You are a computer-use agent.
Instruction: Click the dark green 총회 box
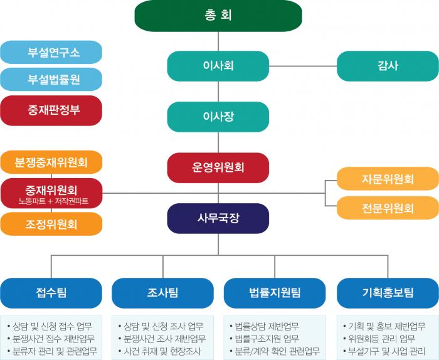(218, 16)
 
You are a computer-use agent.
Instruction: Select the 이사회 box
(218, 66)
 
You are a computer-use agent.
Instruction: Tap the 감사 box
(388, 66)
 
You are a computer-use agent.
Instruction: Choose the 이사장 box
(218, 117)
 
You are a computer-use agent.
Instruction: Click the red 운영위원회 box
(218, 167)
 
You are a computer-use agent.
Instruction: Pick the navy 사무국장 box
(218, 218)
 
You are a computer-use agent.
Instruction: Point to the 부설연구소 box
(51, 52)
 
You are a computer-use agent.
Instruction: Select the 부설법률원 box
(51, 79)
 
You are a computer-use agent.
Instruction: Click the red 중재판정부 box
(51, 110)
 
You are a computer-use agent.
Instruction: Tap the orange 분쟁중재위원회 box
(51, 162)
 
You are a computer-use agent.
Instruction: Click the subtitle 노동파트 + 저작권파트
(53, 201)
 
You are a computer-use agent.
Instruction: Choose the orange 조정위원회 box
(51, 224)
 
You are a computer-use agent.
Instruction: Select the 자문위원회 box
(388, 179)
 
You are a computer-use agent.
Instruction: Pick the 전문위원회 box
(388, 208)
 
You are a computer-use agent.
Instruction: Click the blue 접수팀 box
(51, 293)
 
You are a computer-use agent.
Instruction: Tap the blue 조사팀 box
(162, 293)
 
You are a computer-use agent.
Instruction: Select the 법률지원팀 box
(275, 293)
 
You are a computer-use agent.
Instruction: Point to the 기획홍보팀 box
(388, 293)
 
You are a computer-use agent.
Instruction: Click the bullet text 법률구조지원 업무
(267, 339)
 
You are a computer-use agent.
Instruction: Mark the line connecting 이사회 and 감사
(303, 66)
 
